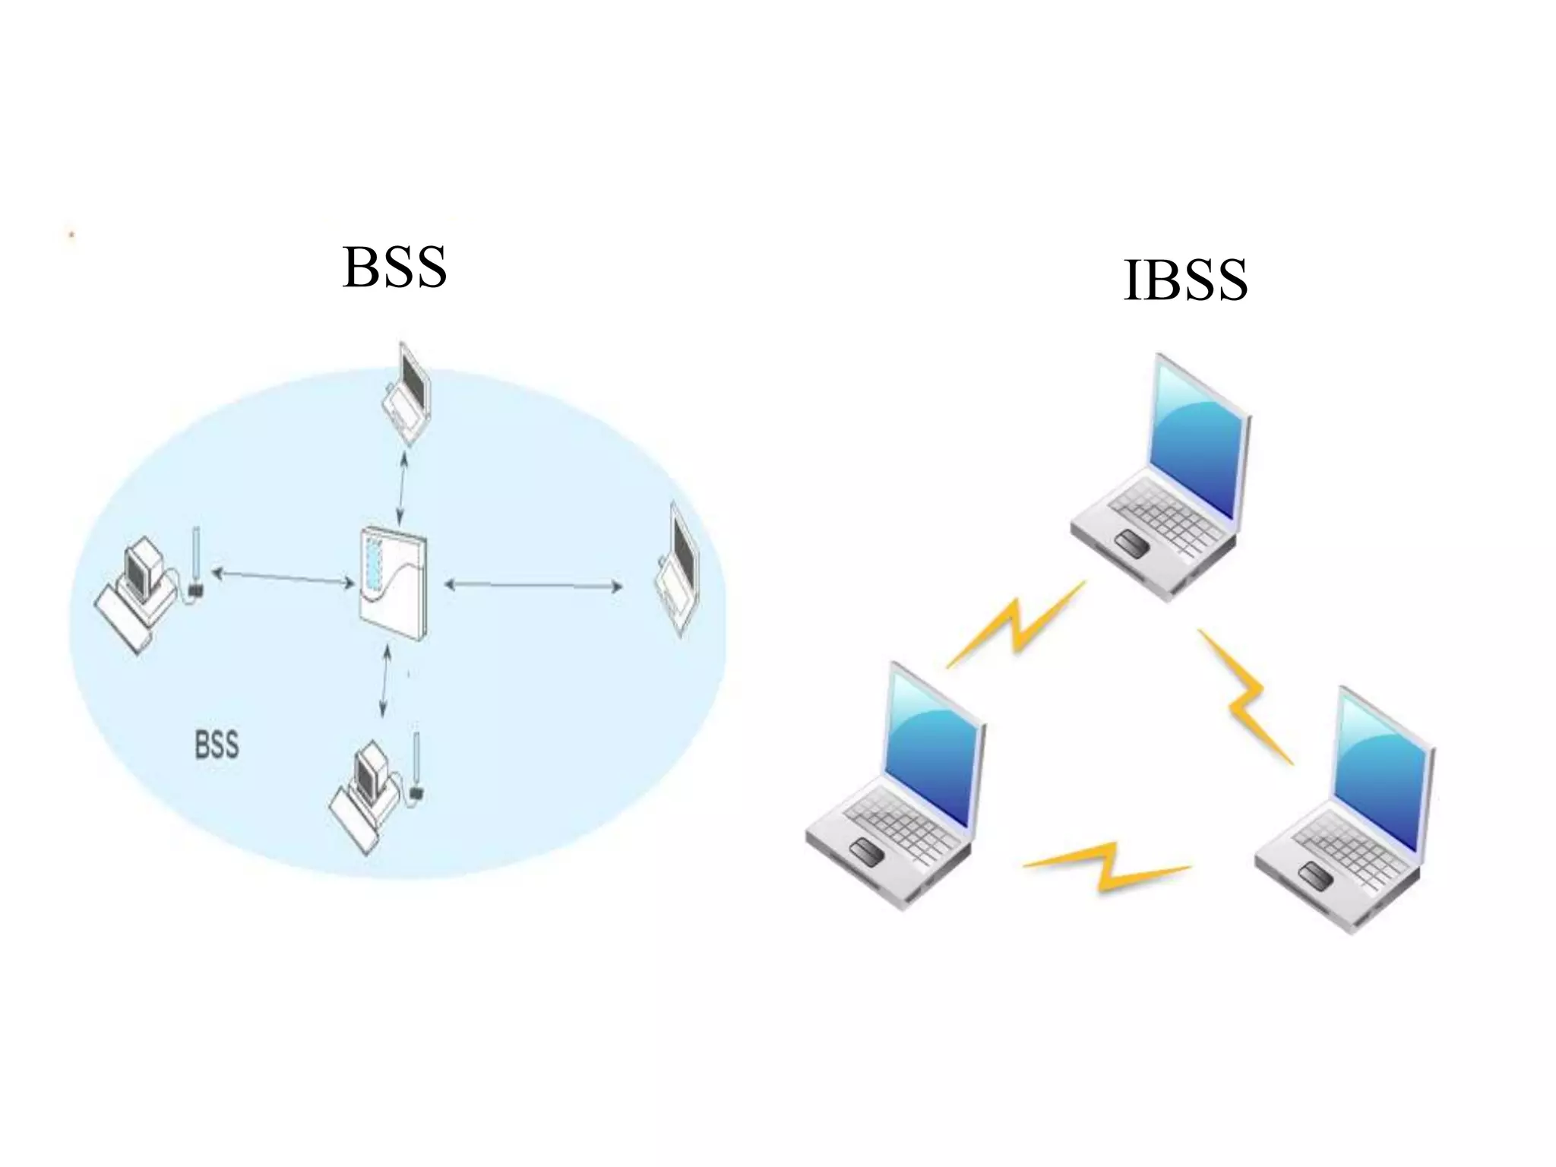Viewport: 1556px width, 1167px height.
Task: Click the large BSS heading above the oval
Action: [x=394, y=267]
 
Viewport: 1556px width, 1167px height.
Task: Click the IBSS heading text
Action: [x=1184, y=280]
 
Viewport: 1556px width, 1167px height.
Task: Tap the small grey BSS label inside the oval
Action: [x=217, y=745]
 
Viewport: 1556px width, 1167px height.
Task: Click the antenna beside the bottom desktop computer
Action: [x=416, y=764]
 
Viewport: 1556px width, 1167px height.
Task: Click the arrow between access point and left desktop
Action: [x=283, y=577]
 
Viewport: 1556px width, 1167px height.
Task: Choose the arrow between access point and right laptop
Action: [x=533, y=586]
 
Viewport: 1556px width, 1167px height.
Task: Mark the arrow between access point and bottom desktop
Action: [x=385, y=682]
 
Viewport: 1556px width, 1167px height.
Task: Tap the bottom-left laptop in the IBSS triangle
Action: [x=897, y=786]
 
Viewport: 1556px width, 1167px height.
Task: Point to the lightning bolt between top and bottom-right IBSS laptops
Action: [x=1246, y=695]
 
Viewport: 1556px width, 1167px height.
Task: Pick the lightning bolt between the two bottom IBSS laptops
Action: [x=1108, y=866]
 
